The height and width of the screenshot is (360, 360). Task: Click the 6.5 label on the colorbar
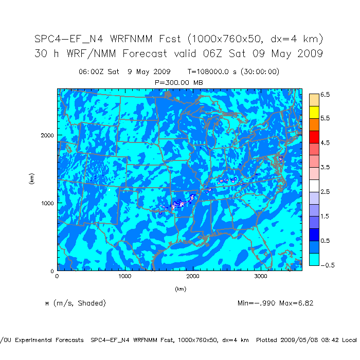325,95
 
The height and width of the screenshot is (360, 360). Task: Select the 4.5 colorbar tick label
325,142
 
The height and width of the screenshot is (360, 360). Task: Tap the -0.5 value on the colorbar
324,265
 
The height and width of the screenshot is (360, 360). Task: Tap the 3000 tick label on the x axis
261,276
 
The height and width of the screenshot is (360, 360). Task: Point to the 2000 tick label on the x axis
193,276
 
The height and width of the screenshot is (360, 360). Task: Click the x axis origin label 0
57,276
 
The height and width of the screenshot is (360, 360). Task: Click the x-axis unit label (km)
180,289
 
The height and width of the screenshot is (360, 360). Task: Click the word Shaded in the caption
91,303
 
